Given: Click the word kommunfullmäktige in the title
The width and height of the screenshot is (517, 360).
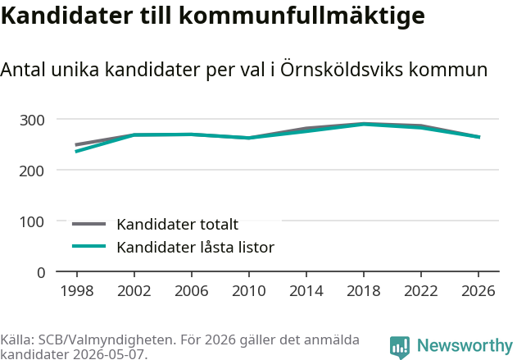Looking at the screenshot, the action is [302, 16].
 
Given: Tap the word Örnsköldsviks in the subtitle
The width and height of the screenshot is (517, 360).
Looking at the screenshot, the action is [342, 70].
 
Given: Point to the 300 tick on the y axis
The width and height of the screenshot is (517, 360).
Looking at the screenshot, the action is [32, 121].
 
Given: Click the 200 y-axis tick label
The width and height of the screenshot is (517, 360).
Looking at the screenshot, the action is [32, 171].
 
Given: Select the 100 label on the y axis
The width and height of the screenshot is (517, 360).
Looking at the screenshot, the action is [32, 222].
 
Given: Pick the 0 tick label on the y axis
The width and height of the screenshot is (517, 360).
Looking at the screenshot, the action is [41, 273].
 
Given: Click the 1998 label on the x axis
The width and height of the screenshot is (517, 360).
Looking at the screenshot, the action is [77, 290].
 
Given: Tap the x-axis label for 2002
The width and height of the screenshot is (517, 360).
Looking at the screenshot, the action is [134, 290].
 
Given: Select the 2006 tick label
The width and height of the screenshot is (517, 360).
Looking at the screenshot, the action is [192, 290].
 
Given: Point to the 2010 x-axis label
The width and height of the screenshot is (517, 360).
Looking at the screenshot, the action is [249, 290].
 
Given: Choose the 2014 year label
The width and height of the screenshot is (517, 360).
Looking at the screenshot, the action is [306, 290].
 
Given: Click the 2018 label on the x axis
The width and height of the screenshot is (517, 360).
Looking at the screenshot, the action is [364, 290].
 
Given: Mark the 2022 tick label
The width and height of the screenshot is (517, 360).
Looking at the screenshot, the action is [421, 290].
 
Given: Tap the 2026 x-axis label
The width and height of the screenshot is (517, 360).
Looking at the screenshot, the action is [478, 290].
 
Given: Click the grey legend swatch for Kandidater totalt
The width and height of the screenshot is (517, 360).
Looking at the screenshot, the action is [89, 224].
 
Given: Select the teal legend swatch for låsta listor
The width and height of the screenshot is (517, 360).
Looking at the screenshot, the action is [89, 246].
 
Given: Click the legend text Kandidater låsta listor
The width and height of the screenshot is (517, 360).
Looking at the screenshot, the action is [196, 247].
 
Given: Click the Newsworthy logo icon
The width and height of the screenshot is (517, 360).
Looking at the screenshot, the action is [400, 348].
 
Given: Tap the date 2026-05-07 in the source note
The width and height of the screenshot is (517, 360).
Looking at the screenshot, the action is [108, 354].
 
